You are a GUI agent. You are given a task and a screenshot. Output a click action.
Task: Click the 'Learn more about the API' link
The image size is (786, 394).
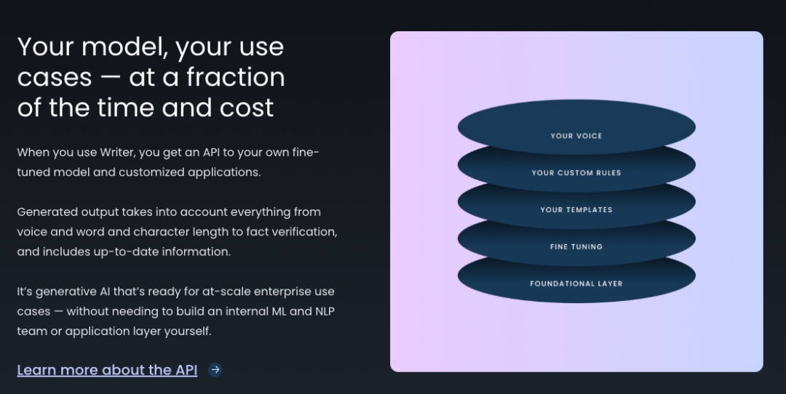coord(107,370)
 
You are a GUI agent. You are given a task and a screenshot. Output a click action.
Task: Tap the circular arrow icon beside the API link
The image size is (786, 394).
coord(215,369)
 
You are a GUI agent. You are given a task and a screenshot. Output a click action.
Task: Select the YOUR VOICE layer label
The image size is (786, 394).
coord(576,136)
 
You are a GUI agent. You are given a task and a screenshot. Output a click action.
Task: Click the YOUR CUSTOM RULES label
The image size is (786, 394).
coord(576,173)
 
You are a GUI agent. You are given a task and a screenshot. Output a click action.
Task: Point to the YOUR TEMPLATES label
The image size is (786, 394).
coord(576,210)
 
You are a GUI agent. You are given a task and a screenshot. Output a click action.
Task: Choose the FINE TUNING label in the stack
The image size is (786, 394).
coord(576,247)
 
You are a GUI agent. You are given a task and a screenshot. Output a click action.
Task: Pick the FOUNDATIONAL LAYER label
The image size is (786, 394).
coord(576,284)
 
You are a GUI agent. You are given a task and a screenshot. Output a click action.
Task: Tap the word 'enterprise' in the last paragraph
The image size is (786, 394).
coord(282,292)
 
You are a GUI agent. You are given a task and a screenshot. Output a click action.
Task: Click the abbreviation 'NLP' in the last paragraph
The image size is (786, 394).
coord(325,311)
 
